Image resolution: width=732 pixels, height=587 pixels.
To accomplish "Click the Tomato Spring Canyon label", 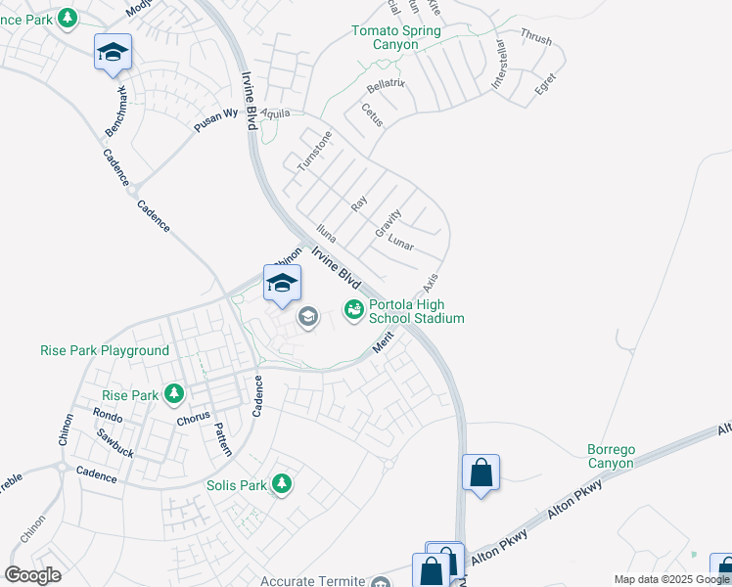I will coord(396,38).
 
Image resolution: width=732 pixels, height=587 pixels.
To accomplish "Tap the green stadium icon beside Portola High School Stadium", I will coord(353,310).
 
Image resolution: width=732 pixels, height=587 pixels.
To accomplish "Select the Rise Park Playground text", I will coord(105,350).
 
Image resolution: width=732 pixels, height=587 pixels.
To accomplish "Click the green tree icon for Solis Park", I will coord(282,484).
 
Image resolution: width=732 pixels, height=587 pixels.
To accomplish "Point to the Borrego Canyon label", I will coord(611,456).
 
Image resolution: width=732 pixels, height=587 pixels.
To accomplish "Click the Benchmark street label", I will coord(115,111).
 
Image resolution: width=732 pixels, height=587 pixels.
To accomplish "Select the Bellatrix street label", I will coord(385,84).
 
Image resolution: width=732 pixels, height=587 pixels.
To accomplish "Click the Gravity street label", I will coord(389,224).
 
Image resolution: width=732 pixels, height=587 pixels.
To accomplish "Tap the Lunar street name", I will coord(401,241).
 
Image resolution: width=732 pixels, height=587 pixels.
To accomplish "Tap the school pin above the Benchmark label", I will coord(113,52).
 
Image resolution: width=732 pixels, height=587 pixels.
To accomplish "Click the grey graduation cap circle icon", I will coord(307,316).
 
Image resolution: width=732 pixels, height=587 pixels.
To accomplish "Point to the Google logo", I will coord(32,575).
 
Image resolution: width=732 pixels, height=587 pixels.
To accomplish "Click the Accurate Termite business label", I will coord(312,581).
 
